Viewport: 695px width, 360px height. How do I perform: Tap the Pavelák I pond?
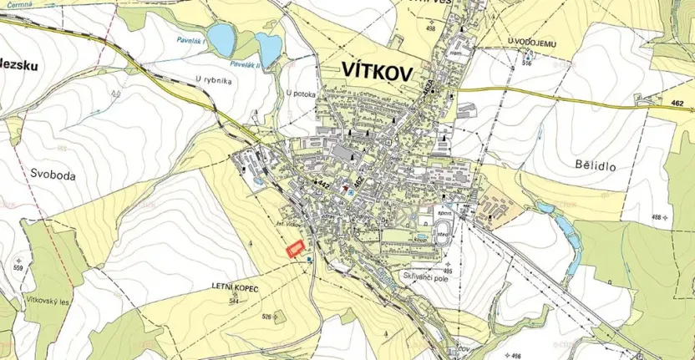[x=221, y=37]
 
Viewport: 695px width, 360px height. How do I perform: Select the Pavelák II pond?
[x=268, y=48]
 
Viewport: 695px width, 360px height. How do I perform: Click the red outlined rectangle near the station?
[x=294, y=249]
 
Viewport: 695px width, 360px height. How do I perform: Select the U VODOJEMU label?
[x=525, y=40]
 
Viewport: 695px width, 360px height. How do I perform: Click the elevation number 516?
[x=526, y=63]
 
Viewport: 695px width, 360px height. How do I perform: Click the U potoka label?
[x=300, y=94]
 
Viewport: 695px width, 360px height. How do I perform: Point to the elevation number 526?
[x=267, y=316]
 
